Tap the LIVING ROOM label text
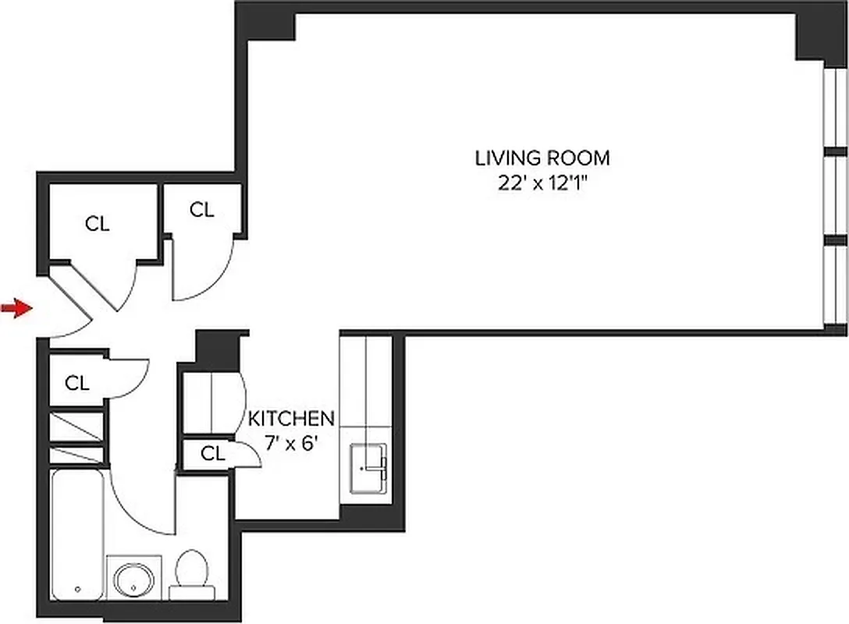coord(542,158)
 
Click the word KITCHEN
coord(291,419)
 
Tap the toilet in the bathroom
coord(190,576)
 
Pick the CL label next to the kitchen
coord(212,454)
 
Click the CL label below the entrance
coord(77,383)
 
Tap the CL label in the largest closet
coord(98,225)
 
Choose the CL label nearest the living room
coord(201,209)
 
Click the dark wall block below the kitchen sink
coord(371,517)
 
